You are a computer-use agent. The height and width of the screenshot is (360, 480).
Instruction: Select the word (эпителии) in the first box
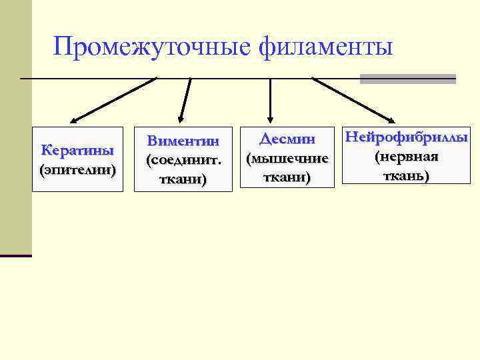[77, 169]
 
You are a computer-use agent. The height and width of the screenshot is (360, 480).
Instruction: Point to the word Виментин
[183, 141]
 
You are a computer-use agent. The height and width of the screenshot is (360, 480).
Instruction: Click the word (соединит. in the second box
[183, 160]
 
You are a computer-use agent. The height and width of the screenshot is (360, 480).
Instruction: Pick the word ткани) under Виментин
[183, 179]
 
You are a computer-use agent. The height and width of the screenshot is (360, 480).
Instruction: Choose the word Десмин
[287, 139]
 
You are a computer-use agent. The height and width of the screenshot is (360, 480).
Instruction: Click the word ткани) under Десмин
[287, 177]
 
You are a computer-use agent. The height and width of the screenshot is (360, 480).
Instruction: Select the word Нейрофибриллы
[405, 137]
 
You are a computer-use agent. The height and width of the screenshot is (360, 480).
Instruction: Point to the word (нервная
[405, 157]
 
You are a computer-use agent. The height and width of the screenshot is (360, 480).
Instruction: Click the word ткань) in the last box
[405, 176]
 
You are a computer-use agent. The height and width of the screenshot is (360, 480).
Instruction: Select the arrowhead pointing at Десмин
[270, 117]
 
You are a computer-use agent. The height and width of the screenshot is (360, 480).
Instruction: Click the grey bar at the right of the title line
[407, 79]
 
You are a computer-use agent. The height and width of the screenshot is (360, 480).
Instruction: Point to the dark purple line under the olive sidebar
[16, 255]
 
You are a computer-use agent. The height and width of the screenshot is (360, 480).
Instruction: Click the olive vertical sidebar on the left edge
[16, 133]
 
